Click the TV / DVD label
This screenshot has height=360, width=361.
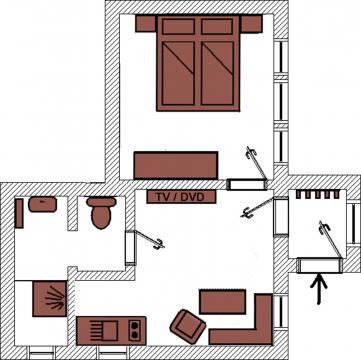click(x=181, y=197)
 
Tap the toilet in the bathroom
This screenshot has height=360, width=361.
click(x=101, y=212)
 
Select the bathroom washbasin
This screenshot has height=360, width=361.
click(x=42, y=204)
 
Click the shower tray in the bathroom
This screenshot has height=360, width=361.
click(x=50, y=298)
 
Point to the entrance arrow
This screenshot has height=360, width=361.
click(x=319, y=289)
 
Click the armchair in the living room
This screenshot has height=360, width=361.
click(x=188, y=327)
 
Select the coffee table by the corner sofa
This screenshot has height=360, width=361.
click(x=222, y=302)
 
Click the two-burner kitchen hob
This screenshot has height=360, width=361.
click(x=135, y=330)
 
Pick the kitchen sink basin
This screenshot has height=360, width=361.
click(x=110, y=331)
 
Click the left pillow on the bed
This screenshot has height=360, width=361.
click(x=178, y=26)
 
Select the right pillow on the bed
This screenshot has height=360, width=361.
click(x=217, y=26)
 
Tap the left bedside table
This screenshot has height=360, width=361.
click(x=146, y=23)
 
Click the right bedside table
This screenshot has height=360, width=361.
click(x=251, y=23)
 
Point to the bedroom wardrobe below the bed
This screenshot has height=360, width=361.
click(x=176, y=165)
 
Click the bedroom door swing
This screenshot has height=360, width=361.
click(x=257, y=163)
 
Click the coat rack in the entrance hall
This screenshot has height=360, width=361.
click(x=318, y=194)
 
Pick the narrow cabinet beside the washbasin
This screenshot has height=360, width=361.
click(x=19, y=213)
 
